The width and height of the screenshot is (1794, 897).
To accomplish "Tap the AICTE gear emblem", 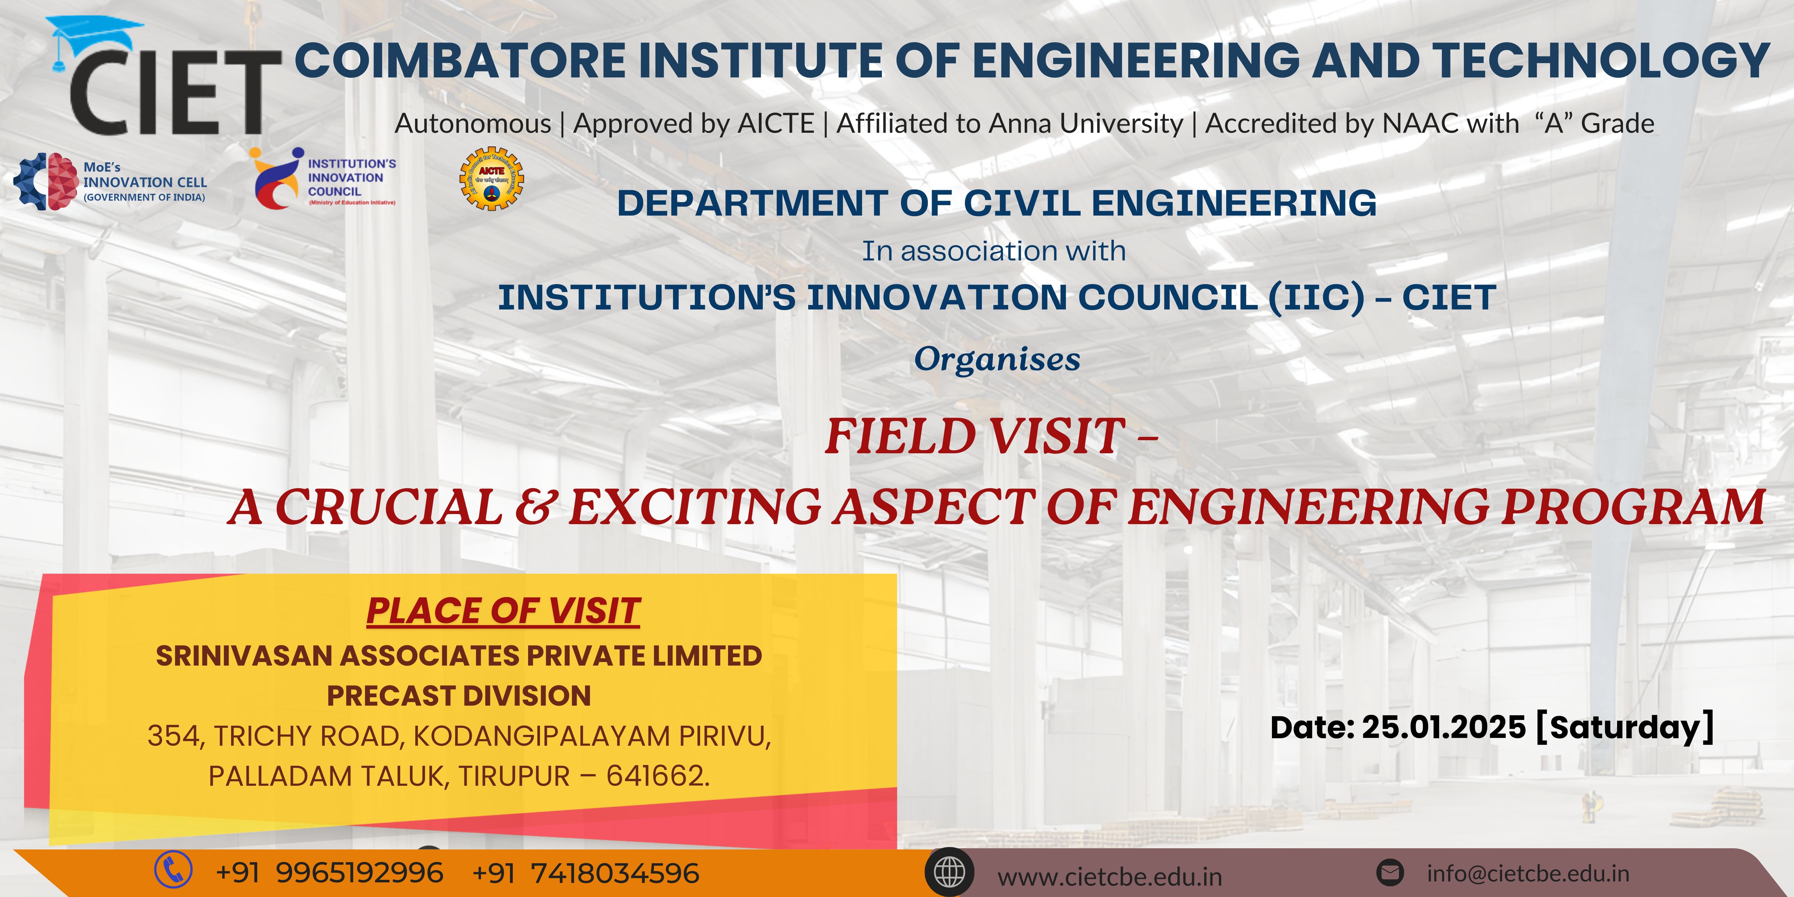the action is [x=492, y=178].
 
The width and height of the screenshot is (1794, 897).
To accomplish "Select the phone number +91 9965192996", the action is [x=329, y=872].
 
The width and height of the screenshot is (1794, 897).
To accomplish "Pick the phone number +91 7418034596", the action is [x=586, y=872].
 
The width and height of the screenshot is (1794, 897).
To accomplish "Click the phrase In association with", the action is [x=994, y=251].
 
